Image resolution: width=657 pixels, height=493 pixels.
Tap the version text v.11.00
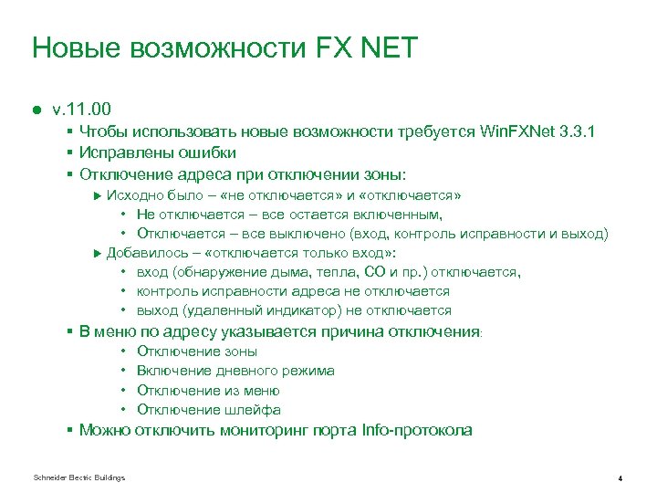point(82,109)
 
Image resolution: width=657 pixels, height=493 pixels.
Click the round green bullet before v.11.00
point(37,110)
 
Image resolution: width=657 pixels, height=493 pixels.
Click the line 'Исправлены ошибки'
point(158,152)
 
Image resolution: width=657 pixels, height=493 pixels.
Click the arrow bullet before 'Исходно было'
point(99,196)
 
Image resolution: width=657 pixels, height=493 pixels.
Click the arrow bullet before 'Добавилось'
point(99,253)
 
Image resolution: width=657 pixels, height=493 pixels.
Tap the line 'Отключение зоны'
point(196,351)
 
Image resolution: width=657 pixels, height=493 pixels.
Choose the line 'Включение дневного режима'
point(235,371)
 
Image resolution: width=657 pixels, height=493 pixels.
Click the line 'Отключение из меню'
point(205,391)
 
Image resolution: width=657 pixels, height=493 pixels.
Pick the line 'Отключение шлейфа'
point(208,410)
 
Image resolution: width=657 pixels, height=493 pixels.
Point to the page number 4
point(620,478)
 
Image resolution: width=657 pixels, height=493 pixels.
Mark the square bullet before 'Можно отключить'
point(70,431)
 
